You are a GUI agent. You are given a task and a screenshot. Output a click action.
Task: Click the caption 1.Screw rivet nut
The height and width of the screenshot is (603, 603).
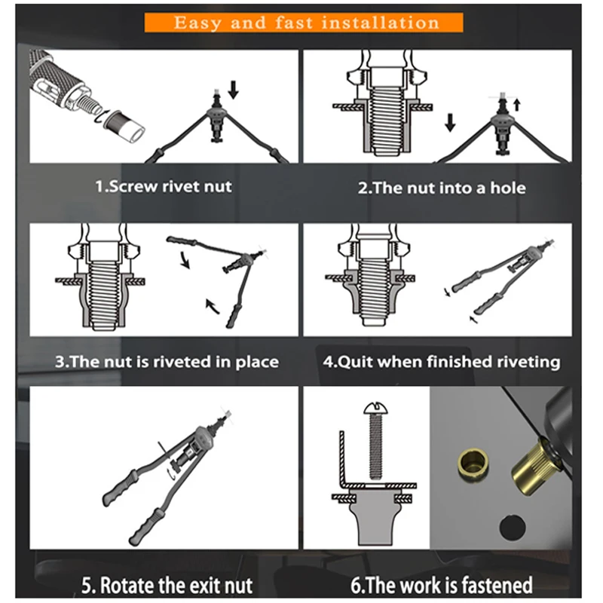click(x=163, y=186)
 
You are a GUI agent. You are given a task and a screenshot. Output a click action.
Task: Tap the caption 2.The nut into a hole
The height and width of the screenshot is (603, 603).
click(x=442, y=187)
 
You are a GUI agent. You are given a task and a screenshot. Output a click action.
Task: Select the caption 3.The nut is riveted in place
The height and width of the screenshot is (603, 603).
click(x=167, y=361)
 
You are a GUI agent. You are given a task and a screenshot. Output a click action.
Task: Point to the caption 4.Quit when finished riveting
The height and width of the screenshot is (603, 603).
click(x=442, y=361)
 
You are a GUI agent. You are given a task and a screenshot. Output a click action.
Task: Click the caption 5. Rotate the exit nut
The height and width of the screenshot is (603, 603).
click(x=167, y=584)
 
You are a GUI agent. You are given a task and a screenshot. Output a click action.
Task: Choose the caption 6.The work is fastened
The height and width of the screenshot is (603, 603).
click(x=442, y=584)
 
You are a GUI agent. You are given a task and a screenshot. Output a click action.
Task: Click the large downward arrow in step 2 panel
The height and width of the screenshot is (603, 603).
click(x=450, y=122)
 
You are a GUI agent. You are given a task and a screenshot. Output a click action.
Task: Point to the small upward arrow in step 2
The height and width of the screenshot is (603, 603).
click(x=517, y=103)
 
